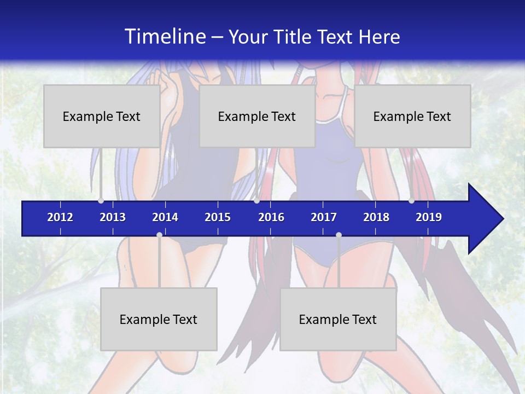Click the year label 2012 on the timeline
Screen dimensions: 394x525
point(60,217)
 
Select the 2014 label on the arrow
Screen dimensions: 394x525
point(165,217)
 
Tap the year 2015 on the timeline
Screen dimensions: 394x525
point(218,217)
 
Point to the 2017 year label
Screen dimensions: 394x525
point(324,217)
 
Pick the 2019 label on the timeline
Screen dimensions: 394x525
point(429,217)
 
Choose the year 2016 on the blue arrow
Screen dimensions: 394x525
point(271,217)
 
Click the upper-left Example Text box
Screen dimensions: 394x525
point(102,116)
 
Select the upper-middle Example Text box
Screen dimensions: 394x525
point(257,116)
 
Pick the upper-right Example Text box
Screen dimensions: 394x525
point(412,116)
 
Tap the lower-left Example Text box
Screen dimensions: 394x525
point(159,319)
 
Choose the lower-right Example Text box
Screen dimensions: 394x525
point(338,319)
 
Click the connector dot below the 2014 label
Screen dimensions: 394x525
point(159,235)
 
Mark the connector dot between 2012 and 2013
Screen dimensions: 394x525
point(101,200)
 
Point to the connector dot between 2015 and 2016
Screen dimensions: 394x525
point(256,200)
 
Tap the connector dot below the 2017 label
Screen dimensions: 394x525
point(339,235)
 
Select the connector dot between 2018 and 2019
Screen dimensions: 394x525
point(411,200)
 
